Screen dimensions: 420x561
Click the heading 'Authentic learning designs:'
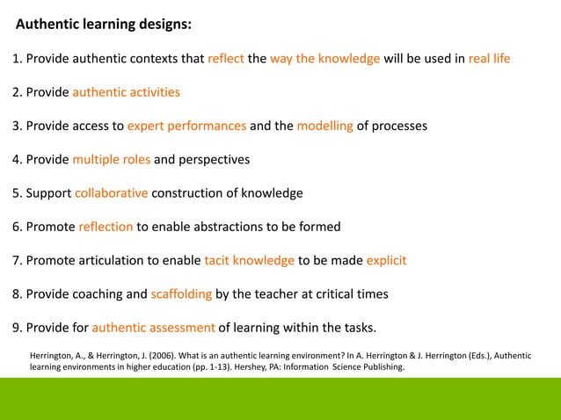[104, 25]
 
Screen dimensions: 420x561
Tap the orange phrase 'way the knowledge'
[324, 59]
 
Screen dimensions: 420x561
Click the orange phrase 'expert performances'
[186, 126]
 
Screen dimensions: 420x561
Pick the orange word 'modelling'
[324, 126]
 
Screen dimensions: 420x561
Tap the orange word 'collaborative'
[112, 193]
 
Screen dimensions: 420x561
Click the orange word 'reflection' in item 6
[106, 227]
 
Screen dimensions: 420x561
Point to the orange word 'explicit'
[386, 260]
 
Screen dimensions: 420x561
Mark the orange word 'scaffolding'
[181, 293]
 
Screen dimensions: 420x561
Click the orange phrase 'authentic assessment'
[153, 328]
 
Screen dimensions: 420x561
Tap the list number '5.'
[17, 193]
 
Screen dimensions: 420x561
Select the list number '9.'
[17, 328]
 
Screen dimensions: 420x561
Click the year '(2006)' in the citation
[164, 355]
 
